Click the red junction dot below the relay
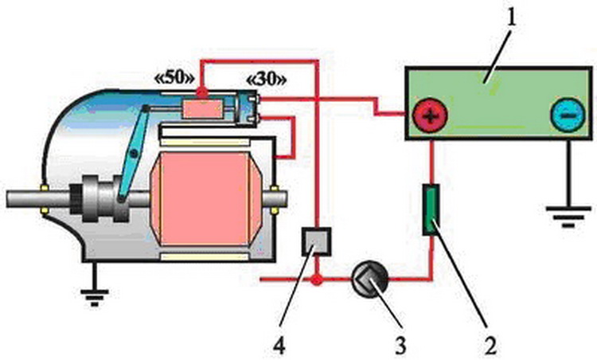(x=317, y=281)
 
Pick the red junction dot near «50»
(x=202, y=94)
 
